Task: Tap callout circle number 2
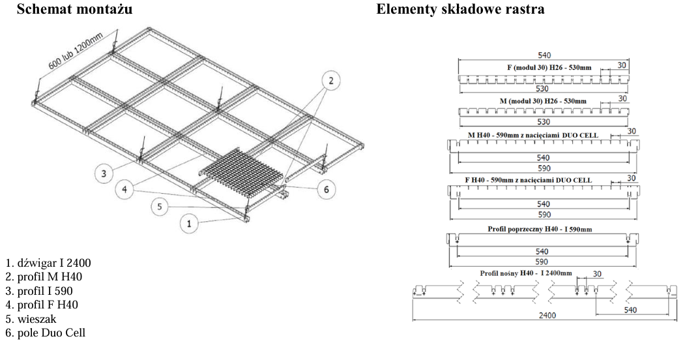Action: pos(330,80)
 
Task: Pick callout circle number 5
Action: pos(160,207)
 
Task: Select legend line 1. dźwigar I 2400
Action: pos(48,263)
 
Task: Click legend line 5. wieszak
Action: pos(31,320)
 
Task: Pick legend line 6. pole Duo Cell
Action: pos(44,333)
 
